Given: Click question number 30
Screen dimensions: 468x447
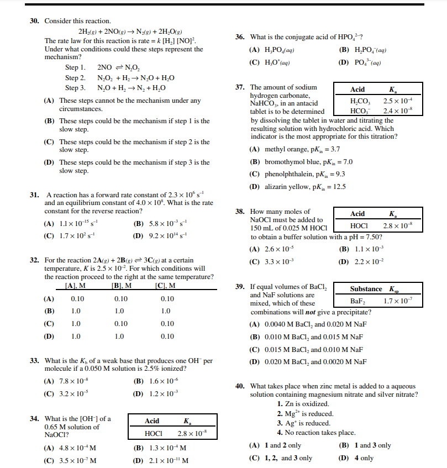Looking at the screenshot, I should coord(34,21).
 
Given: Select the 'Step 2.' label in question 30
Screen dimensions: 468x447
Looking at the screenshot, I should coord(75,78).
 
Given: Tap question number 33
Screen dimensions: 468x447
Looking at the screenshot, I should coord(34,361).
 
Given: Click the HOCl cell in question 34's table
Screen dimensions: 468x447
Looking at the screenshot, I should coord(152,434).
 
